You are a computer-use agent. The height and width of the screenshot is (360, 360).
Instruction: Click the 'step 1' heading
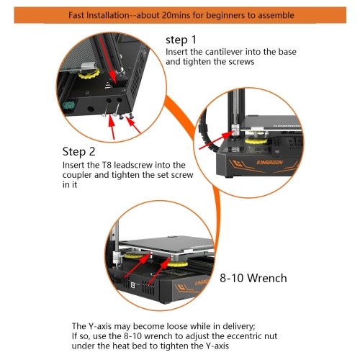(181, 40)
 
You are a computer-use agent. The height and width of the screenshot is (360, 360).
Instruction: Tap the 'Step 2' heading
(78, 152)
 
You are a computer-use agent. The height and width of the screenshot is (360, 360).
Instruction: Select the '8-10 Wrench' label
(253, 278)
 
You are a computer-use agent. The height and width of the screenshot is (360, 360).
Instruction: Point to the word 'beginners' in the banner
(226, 16)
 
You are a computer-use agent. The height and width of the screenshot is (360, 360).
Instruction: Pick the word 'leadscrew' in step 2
(133, 165)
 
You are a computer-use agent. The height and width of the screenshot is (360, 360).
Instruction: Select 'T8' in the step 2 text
(105, 165)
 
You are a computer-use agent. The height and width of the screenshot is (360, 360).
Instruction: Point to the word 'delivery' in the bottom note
(239, 327)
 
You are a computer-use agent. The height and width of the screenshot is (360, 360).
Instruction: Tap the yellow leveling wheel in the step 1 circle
(89, 74)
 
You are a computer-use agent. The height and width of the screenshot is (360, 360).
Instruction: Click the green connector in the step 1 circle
(68, 107)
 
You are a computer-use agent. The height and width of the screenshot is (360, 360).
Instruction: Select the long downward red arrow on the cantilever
(107, 59)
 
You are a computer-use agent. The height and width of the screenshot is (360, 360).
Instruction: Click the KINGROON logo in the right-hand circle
(269, 163)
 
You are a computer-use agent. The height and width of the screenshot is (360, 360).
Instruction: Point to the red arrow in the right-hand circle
(216, 140)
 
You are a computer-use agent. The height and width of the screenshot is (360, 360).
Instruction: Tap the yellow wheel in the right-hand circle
(256, 140)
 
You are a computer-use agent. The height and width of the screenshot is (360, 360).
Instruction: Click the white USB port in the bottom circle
(132, 285)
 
